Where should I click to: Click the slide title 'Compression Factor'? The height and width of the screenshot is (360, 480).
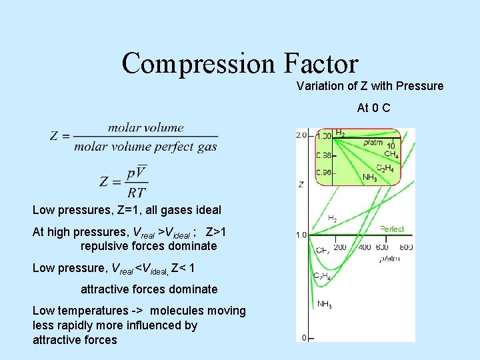[x=240, y=63]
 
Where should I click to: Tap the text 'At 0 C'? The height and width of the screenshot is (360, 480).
[x=374, y=107]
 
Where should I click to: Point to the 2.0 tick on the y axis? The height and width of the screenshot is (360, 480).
[x=301, y=135]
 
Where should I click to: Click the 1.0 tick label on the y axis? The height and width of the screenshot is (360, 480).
[x=301, y=235]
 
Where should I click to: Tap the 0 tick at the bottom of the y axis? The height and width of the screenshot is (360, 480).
[x=304, y=338]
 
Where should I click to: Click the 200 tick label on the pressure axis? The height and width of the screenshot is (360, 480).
[x=339, y=247]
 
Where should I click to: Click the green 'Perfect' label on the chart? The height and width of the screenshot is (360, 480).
[x=392, y=229]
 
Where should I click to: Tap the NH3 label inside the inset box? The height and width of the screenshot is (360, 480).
[x=370, y=177]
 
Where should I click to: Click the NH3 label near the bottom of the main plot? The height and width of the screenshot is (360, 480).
[x=325, y=305]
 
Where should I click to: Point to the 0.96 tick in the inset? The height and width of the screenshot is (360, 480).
[x=324, y=173]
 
